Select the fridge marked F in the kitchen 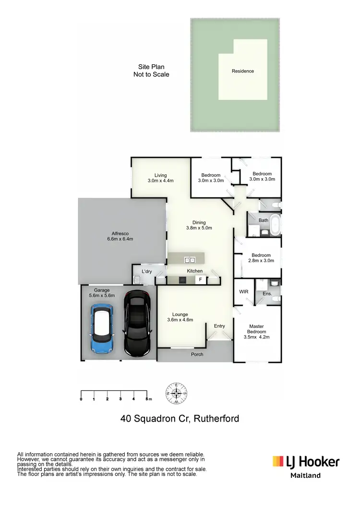[x=200, y=279]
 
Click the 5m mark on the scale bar [x=147, y=399]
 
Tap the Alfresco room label [x=119, y=236]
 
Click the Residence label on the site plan [x=242, y=71]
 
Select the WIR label [x=243, y=291]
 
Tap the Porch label [x=197, y=354]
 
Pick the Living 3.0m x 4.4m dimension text [x=160, y=181]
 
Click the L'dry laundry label [x=147, y=271]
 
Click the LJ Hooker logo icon [x=279, y=461]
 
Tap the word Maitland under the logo [x=306, y=476]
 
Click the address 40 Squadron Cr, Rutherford [x=180, y=418]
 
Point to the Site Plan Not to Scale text [x=151, y=71]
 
